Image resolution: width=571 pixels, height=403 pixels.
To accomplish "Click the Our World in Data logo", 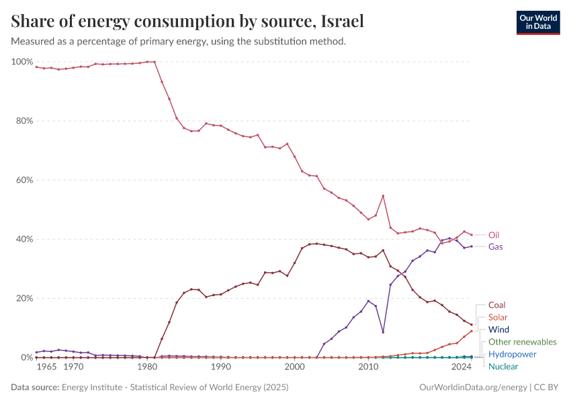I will pyautogui.click(x=538, y=22).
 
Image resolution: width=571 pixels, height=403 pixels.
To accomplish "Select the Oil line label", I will pyautogui.click(x=494, y=235).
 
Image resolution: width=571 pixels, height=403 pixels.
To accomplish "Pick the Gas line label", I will pyautogui.click(x=495, y=247).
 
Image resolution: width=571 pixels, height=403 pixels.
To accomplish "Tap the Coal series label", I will pyautogui.click(x=497, y=305).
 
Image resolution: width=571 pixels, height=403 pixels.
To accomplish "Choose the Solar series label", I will pyautogui.click(x=498, y=317).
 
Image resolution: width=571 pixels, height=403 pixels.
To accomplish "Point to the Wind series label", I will pyautogui.click(x=498, y=330).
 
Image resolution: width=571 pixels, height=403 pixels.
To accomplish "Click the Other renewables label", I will pyautogui.click(x=522, y=342).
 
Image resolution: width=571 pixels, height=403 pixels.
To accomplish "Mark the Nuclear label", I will pyautogui.click(x=503, y=366).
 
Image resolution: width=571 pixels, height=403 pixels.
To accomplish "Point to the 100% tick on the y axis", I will pyautogui.click(x=22, y=62).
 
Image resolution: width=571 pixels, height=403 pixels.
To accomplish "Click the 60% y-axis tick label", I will pyautogui.click(x=24, y=180).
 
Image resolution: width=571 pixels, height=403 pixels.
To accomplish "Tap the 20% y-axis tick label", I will pyautogui.click(x=24, y=298).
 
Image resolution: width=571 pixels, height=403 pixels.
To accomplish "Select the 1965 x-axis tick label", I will pyautogui.click(x=46, y=367).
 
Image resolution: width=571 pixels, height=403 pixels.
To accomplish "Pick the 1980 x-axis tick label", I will pyautogui.click(x=148, y=367).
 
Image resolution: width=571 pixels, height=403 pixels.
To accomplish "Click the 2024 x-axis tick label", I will pyautogui.click(x=461, y=367).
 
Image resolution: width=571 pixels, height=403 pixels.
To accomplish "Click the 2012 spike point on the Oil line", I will pyautogui.click(x=383, y=196).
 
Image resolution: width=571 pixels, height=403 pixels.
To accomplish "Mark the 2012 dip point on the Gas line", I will pyautogui.click(x=383, y=332).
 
